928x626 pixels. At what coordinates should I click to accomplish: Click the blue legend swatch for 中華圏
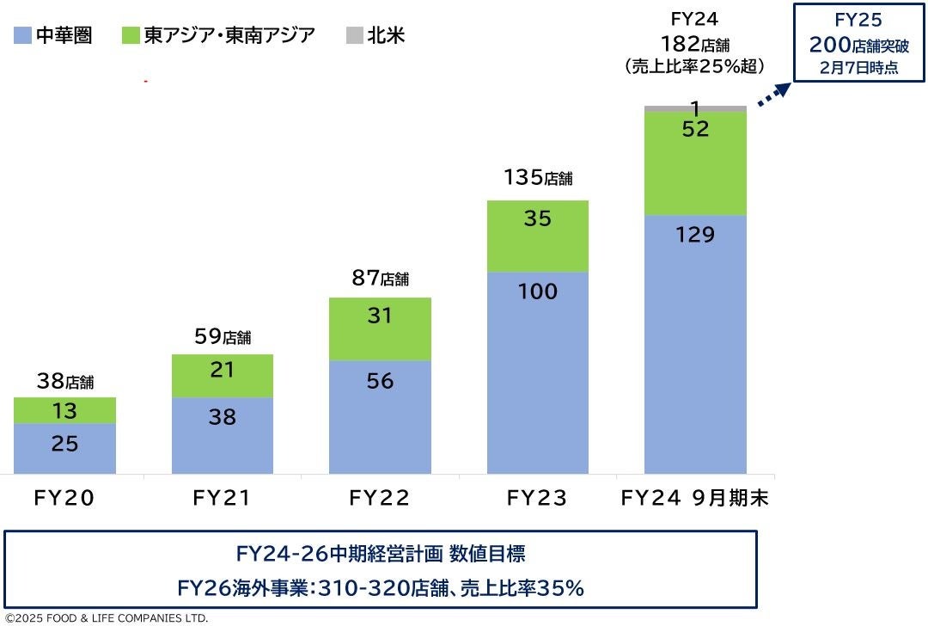[x=23, y=35]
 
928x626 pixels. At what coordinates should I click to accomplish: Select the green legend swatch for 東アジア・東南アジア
[x=131, y=35]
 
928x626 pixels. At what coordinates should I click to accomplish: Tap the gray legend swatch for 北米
[x=354, y=35]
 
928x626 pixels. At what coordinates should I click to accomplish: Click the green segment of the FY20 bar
[x=65, y=410]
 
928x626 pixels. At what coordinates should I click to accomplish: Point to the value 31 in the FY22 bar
[x=379, y=316]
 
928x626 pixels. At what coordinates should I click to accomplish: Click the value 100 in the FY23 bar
[x=537, y=292]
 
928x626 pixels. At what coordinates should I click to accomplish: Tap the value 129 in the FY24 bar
[x=695, y=235]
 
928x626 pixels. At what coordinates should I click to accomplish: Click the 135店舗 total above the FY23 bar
[x=537, y=178]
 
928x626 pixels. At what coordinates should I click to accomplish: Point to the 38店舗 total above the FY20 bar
[x=65, y=378]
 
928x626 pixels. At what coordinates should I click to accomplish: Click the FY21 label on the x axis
[x=223, y=498]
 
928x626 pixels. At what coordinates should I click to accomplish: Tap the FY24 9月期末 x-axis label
[x=695, y=498]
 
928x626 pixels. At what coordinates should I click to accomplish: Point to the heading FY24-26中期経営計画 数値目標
[x=381, y=552]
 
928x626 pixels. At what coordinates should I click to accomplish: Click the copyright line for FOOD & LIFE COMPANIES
[x=107, y=617]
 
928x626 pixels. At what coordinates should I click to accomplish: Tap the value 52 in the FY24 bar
[x=695, y=129]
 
